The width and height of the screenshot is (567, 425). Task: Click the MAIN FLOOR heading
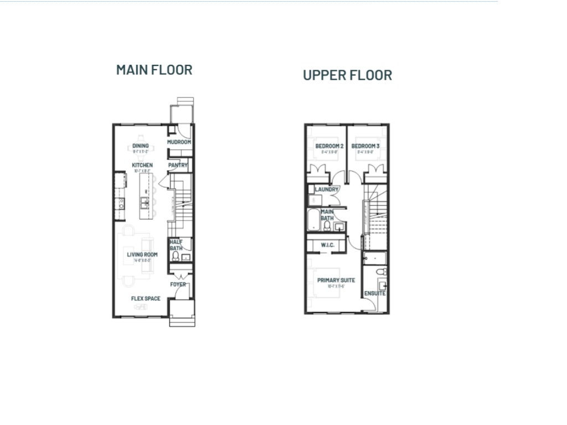(154, 70)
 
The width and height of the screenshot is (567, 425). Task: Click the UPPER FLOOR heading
(347, 75)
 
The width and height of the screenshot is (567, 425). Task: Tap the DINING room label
(141, 146)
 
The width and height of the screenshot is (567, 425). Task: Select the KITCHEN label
(142, 165)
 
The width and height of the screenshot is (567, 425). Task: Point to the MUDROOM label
(179, 142)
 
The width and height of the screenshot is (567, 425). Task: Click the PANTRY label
(178, 165)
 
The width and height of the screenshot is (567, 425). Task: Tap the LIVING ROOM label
(142, 255)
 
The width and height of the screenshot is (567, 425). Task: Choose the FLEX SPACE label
(146, 299)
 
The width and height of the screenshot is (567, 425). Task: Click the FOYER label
(178, 284)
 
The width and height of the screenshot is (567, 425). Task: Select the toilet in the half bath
(176, 256)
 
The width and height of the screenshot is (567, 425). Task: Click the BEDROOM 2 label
(329, 146)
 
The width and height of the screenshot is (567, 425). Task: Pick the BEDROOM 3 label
(365, 146)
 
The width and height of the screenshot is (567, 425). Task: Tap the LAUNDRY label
(327, 189)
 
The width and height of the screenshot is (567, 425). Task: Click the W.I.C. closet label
(327, 245)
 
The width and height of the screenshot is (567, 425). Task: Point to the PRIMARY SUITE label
(336, 281)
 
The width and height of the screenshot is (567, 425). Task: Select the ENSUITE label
(375, 293)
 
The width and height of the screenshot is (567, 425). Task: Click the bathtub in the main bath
(313, 221)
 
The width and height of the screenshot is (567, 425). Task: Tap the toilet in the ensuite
(379, 272)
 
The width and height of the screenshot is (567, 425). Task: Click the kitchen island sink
(144, 202)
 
